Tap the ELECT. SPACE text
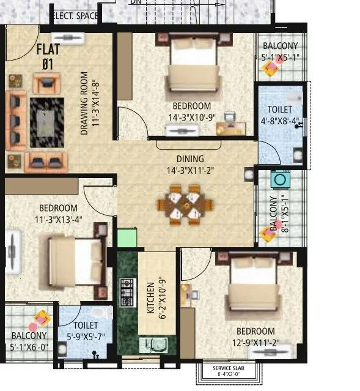pos(75,16)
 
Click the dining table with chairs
pos(185,206)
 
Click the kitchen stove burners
pos(128,292)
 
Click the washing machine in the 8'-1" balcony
pos(281,181)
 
